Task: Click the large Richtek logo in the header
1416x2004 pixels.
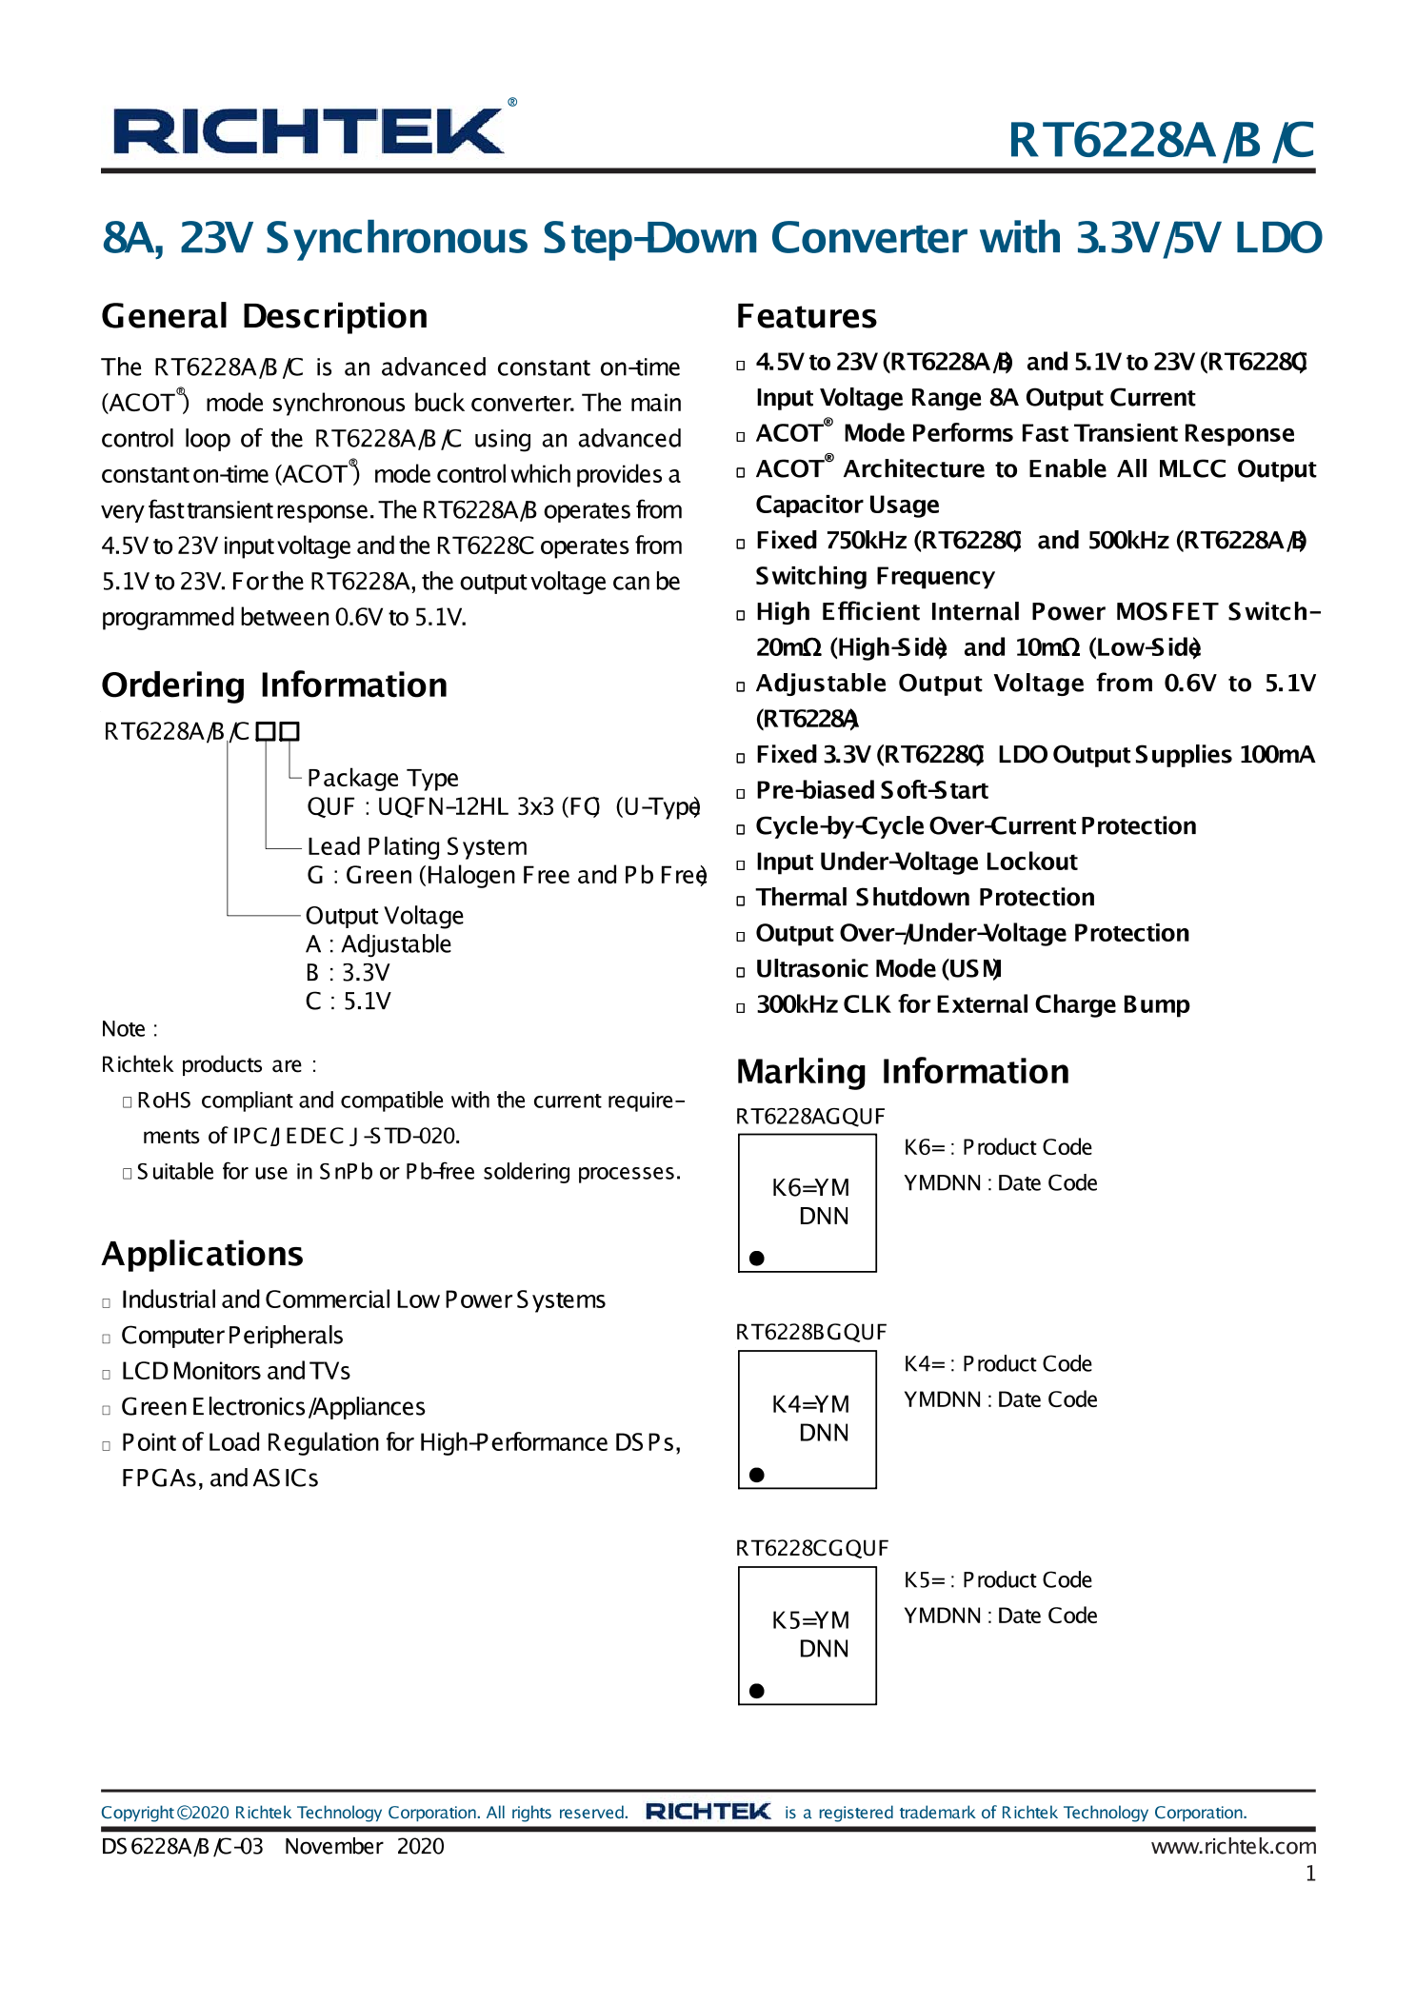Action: click(x=309, y=130)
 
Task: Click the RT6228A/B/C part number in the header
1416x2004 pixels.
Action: click(x=1161, y=141)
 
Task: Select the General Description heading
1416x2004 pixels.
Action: click(x=265, y=316)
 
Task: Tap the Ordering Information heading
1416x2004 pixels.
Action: click(x=274, y=685)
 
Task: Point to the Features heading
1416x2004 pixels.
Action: click(x=807, y=316)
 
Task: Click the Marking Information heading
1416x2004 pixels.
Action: click(x=903, y=1072)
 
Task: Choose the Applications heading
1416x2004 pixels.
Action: click(x=203, y=1254)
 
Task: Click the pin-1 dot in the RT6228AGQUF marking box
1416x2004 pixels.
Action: click(x=757, y=1258)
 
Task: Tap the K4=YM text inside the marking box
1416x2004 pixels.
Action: click(x=810, y=1404)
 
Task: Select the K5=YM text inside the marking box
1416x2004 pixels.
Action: click(x=810, y=1620)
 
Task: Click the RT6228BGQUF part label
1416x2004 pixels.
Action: click(x=811, y=1332)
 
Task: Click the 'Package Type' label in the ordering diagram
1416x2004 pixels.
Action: click(x=383, y=778)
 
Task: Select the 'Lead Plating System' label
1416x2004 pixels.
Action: click(x=417, y=846)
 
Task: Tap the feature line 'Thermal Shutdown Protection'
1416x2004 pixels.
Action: click(x=925, y=898)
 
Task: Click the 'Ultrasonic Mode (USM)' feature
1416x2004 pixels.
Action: click(x=877, y=969)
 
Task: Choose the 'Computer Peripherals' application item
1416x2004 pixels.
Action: click(x=231, y=1336)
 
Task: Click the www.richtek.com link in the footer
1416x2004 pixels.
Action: click(x=1233, y=1846)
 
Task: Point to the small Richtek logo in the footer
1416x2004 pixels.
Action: click(x=708, y=1812)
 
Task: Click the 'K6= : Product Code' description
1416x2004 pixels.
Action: click(x=998, y=1147)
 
